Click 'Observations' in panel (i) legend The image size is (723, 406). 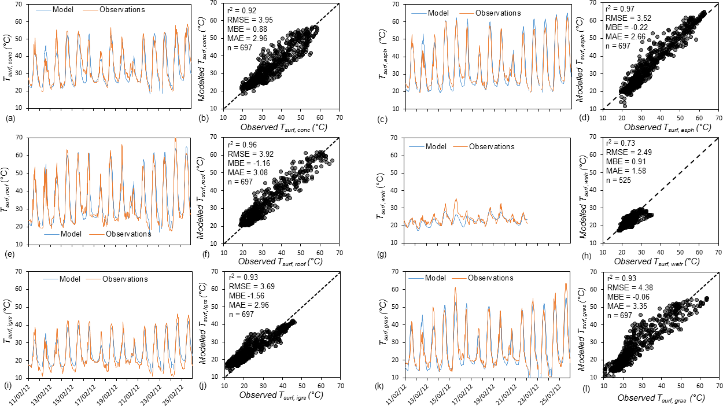pos(125,279)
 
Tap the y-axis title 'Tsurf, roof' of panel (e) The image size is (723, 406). pos(9,189)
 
